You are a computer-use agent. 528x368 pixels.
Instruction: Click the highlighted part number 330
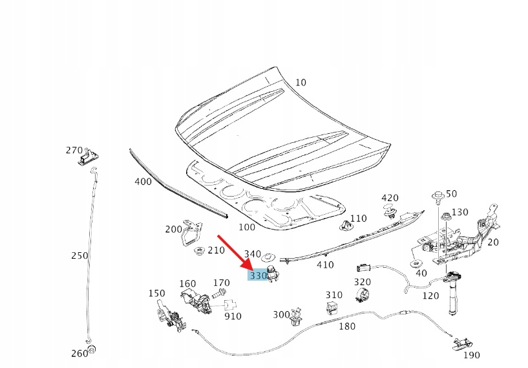(258, 276)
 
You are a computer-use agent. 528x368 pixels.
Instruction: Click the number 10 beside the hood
(301, 82)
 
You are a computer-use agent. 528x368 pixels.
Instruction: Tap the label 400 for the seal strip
(143, 182)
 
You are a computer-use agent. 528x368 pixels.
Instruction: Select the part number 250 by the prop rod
(79, 255)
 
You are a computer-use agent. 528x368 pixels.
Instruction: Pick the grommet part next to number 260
(92, 351)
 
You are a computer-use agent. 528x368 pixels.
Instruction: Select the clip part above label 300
(297, 314)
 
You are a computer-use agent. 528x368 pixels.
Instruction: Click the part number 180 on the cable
(347, 327)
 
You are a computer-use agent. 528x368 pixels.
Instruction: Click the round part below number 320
(363, 295)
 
